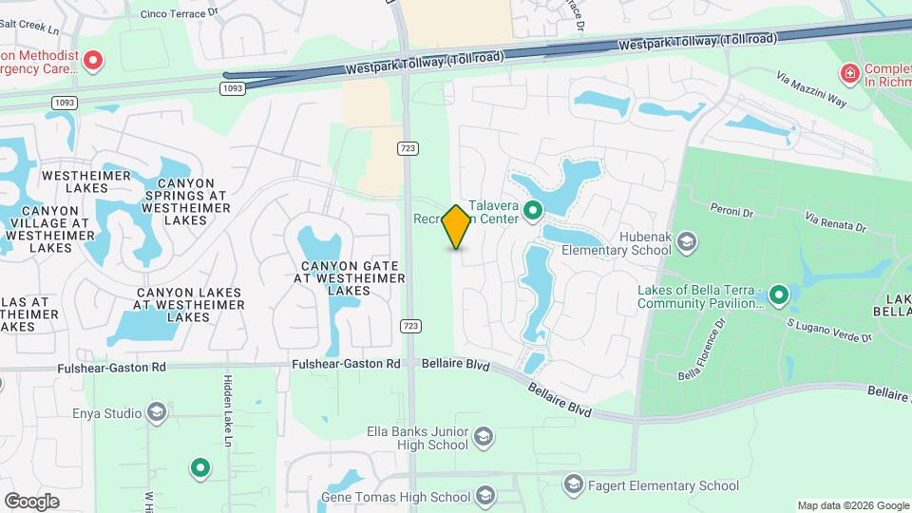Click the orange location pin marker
pyautogui.click(x=457, y=226)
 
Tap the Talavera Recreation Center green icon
pyautogui.click(x=533, y=210)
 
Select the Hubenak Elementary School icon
pyautogui.click(x=686, y=243)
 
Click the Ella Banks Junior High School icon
pyautogui.click(x=483, y=436)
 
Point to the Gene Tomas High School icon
pyautogui.click(x=485, y=496)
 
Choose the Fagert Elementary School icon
pyautogui.click(x=573, y=485)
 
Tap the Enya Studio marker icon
pyautogui.click(x=157, y=412)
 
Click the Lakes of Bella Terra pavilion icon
pyautogui.click(x=779, y=295)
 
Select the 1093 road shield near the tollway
pyautogui.click(x=232, y=88)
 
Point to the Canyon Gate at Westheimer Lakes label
pyautogui.click(x=352, y=277)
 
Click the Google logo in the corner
pyautogui.click(x=32, y=501)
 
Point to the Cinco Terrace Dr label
pyautogui.click(x=179, y=13)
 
